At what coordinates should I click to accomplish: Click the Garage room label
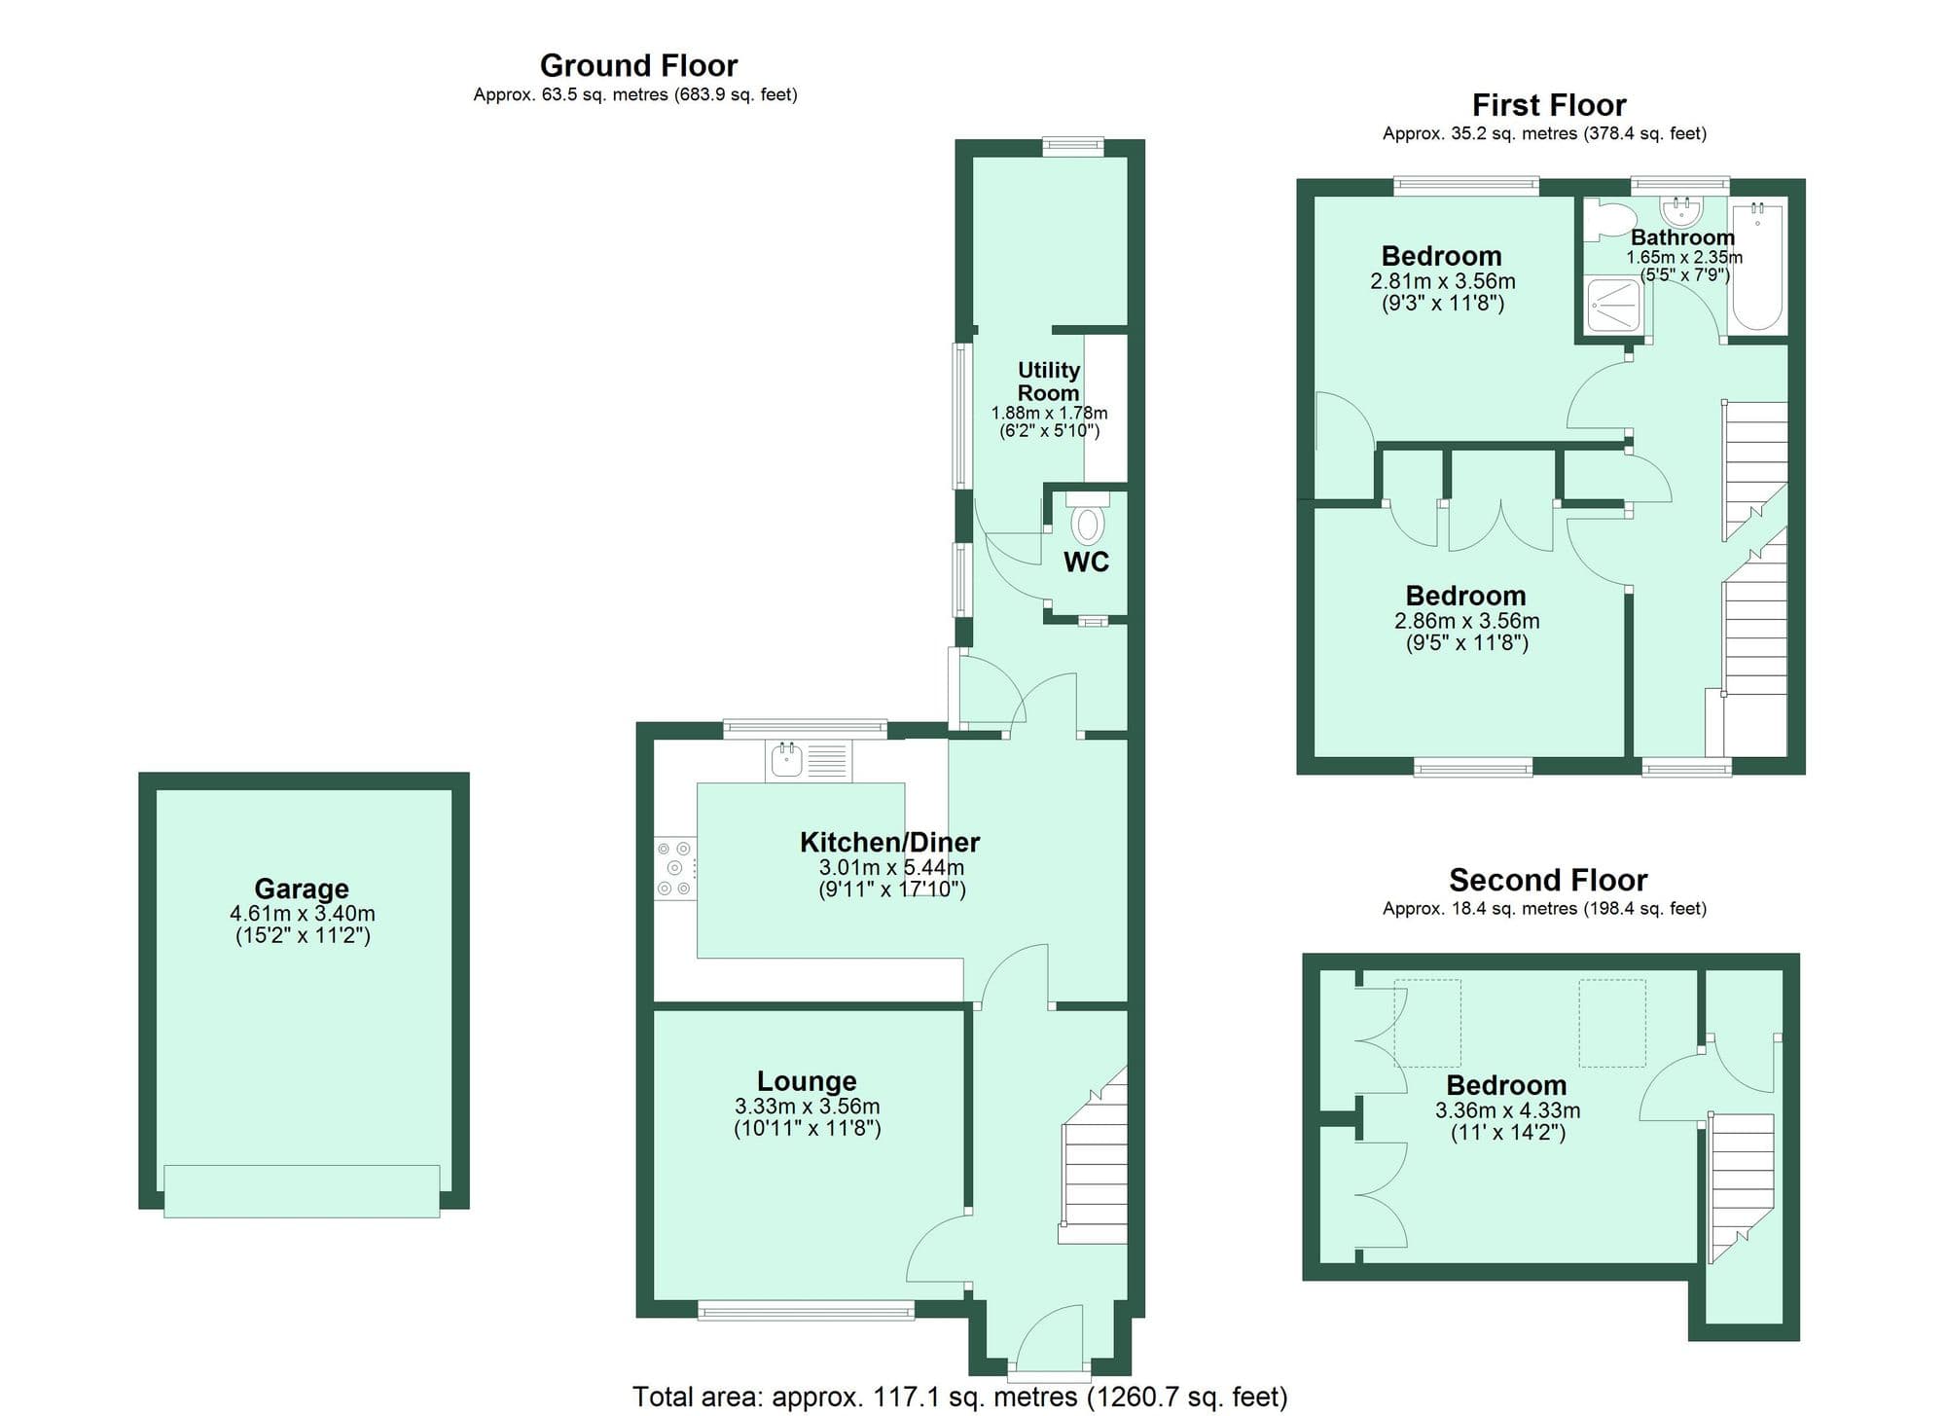tap(302, 889)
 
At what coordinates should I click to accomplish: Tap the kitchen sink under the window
tap(786, 760)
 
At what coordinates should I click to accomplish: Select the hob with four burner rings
tap(674, 868)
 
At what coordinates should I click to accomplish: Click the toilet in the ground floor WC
tap(1088, 523)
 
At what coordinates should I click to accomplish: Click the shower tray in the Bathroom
tap(1613, 304)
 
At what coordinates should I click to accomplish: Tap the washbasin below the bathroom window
tap(1680, 210)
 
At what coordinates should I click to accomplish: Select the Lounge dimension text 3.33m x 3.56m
tap(808, 1107)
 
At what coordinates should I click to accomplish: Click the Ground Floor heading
tap(638, 66)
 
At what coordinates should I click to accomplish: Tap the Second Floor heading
tap(1547, 880)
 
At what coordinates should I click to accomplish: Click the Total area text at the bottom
tap(959, 1398)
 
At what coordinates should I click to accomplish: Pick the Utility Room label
tap(1048, 381)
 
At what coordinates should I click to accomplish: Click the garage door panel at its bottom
tap(302, 1191)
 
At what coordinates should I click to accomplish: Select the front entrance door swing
tap(1049, 1338)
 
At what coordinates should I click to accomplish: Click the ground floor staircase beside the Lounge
tap(1095, 1168)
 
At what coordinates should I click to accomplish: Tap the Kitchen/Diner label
tap(889, 842)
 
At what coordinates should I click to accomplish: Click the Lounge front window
tap(806, 1312)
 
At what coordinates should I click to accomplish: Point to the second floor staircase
tap(1742, 1182)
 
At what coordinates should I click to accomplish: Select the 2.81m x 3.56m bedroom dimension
tap(1442, 281)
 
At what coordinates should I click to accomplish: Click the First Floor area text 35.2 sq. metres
tap(1544, 133)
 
